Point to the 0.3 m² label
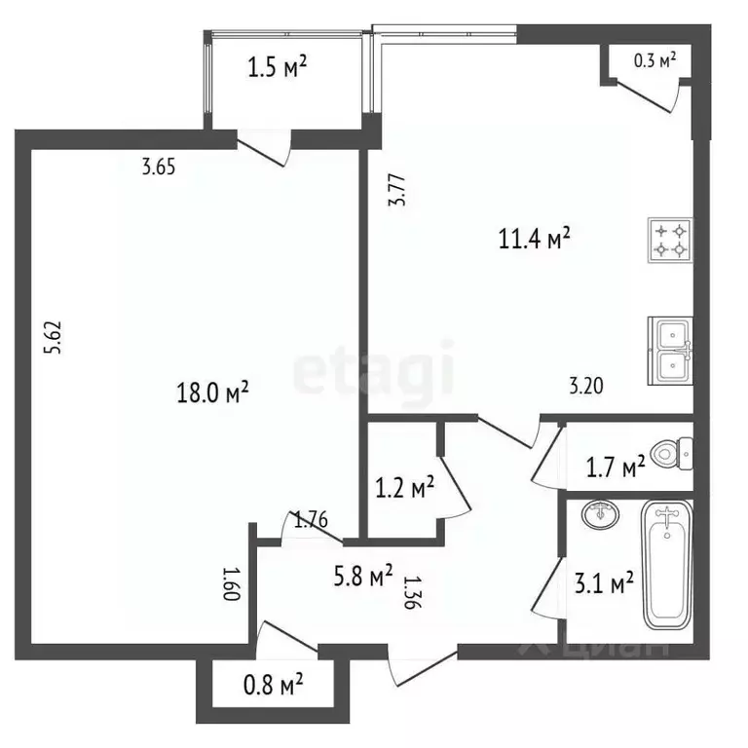(654, 60)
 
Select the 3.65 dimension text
(158, 167)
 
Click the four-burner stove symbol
(669, 241)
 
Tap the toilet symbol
(673, 452)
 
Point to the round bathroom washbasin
(599, 513)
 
